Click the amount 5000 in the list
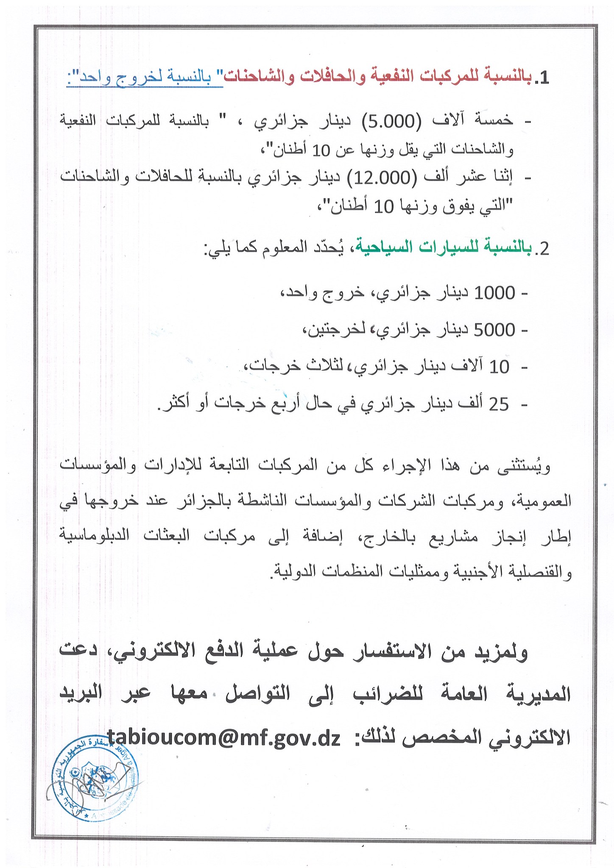coord(495,329)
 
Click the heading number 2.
coord(542,249)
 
